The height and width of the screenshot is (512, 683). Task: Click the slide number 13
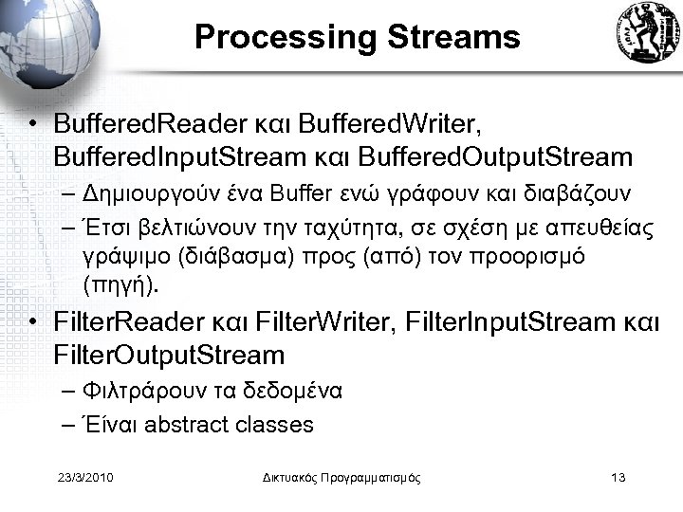tap(618, 478)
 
